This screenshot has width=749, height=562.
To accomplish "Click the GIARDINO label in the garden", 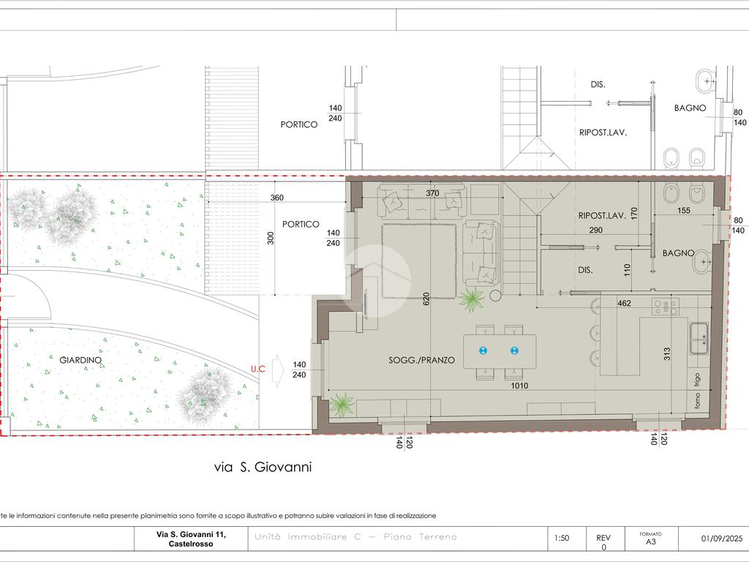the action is pos(80,360).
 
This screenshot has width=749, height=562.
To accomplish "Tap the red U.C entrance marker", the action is pos(258,369).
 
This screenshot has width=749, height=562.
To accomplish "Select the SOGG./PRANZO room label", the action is pos(422,360).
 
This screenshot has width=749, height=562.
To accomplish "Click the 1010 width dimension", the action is pos(520,386).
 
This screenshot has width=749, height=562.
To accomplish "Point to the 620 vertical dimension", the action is pos(426,299).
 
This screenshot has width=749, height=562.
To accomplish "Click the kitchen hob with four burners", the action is pos(666,306).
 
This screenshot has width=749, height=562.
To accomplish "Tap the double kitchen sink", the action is pos(699,338).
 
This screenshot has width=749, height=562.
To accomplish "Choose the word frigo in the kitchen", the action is pos(697,381).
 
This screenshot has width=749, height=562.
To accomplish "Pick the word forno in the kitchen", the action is pos(697,400).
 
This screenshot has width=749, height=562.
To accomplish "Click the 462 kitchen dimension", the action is pos(625,303).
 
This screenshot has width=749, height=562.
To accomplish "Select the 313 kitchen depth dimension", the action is pos(667,353).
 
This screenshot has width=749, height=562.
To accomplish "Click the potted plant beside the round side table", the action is pos(472,300).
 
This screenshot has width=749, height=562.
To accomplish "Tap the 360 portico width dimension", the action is pos(276,198).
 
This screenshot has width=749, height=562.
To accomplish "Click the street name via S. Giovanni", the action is pos(263,466).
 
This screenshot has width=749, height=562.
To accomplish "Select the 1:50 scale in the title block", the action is pos(562,538).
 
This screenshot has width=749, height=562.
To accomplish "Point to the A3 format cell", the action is pos(650,542).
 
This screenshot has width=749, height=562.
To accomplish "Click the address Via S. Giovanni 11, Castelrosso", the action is pos(191,539).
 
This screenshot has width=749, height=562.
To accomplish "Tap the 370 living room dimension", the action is pos(432,193).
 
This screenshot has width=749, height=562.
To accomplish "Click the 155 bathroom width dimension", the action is pos(684,210).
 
